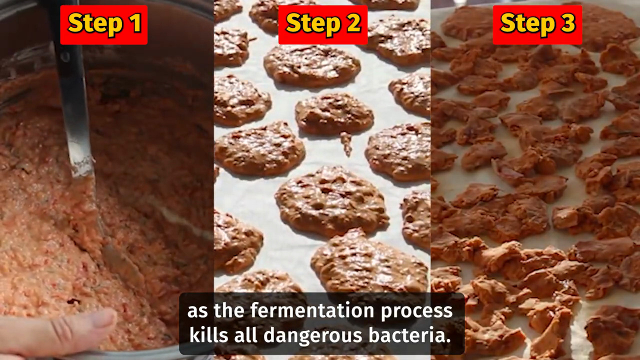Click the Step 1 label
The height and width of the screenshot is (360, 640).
tap(104, 25)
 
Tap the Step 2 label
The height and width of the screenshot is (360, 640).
tap(323, 25)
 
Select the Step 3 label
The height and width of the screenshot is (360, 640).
tap(537, 25)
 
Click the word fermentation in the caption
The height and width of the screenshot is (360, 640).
tap(312, 310)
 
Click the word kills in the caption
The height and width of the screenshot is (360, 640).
tap(209, 335)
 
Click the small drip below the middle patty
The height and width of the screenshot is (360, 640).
tap(346, 143)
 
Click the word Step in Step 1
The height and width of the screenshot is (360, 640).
tap(95, 25)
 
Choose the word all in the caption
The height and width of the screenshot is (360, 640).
tap(245, 335)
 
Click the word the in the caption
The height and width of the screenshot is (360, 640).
tap(229, 310)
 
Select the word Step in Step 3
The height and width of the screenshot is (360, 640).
tap(527, 25)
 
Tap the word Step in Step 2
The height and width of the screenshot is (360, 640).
tap(313, 25)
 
